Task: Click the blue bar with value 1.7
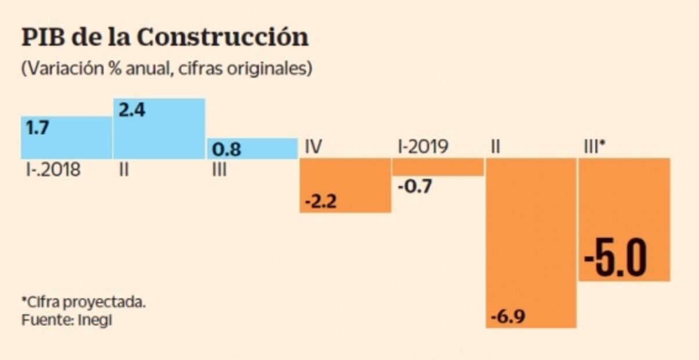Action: click(x=66, y=138)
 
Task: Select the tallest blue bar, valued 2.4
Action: click(x=159, y=129)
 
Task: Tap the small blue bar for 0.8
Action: click(x=252, y=149)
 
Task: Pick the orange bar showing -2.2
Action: click(x=345, y=185)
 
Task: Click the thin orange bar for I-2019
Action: click(x=438, y=167)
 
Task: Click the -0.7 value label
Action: click(x=415, y=187)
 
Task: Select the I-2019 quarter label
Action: click(x=423, y=147)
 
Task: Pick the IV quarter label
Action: click(x=314, y=147)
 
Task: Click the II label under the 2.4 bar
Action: click(x=123, y=171)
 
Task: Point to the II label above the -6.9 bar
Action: click(x=495, y=147)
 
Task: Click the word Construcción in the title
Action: click(x=223, y=38)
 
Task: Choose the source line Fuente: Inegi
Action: click(x=66, y=320)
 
